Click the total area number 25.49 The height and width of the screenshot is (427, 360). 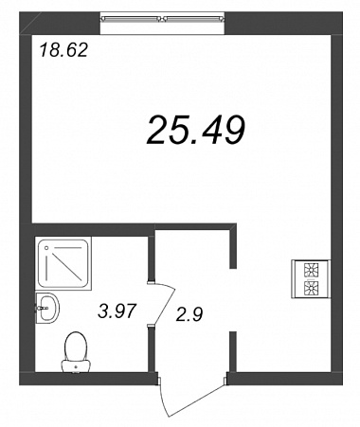(x=196, y=130)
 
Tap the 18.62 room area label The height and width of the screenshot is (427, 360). (x=63, y=50)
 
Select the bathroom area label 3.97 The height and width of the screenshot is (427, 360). (x=117, y=311)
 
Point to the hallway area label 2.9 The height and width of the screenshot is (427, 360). (x=189, y=314)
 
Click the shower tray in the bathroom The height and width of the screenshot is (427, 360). (x=63, y=263)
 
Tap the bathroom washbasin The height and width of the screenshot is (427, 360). (x=47, y=308)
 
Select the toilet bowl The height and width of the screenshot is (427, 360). (x=76, y=347)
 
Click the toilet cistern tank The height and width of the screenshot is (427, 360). (x=76, y=366)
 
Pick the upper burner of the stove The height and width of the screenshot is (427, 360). (x=311, y=271)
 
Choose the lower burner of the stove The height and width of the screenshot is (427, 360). (x=311, y=288)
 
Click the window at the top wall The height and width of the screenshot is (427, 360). (x=162, y=19)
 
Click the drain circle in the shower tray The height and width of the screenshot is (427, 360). (x=46, y=248)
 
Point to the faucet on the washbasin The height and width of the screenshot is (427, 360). (x=42, y=308)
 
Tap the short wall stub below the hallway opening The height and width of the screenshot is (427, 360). (x=233, y=351)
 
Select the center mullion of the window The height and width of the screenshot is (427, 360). (x=162, y=19)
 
